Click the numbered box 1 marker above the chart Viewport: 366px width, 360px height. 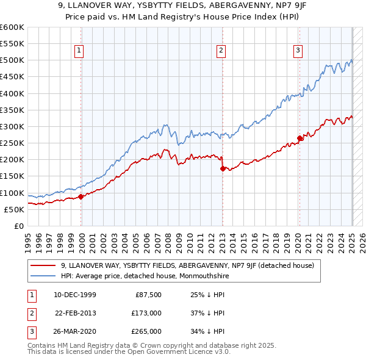tap(80, 51)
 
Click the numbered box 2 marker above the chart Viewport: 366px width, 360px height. tap(221, 51)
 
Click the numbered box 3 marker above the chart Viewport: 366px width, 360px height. tap(298, 51)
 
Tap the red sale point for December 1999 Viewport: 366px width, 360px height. tap(81, 196)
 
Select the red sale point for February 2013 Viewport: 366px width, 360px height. tap(222, 168)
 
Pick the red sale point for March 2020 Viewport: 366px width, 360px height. tap(300, 138)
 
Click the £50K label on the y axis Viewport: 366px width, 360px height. tap(14, 209)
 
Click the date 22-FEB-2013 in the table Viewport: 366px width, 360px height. tap(75, 313)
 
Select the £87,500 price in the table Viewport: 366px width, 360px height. tap(148, 295)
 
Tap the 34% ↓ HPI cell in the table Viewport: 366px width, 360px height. tap(207, 331)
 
